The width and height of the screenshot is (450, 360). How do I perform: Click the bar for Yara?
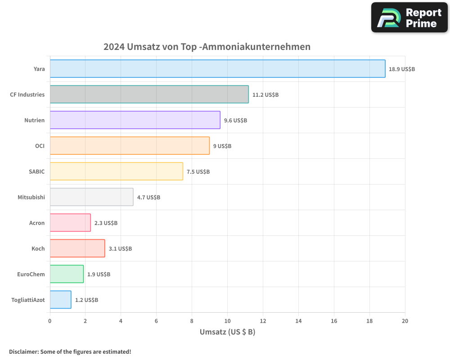[x=217, y=69]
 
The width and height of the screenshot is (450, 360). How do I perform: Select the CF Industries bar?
[x=149, y=94]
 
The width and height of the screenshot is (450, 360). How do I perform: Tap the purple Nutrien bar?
[x=135, y=120]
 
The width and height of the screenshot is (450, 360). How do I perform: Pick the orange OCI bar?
[x=130, y=146]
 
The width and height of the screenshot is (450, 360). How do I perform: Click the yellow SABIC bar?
[x=116, y=171]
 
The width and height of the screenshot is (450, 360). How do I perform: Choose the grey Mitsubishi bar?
[x=91, y=197]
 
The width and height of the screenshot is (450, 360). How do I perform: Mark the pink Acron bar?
[x=70, y=223]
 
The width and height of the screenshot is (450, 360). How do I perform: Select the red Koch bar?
[x=77, y=248]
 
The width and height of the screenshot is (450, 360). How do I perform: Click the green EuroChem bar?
[x=67, y=274]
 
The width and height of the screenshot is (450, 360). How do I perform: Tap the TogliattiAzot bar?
[x=60, y=300]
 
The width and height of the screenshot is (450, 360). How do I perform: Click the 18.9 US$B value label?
[x=402, y=69]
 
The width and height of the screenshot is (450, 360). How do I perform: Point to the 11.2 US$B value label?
[x=265, y=95]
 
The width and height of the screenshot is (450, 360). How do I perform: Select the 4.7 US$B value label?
[x=148, y=198]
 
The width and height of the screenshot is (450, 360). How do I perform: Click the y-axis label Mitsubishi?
[x=31, y=197]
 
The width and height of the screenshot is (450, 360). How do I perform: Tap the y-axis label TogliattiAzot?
[x=28, y=300]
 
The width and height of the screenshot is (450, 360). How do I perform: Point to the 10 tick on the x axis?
[x=227, y=321]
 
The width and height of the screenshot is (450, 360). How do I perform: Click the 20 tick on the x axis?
[x=405, y=321]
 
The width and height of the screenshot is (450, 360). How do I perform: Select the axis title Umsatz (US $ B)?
[x=227, y=332]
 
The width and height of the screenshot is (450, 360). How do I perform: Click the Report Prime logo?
[x=409, y=18]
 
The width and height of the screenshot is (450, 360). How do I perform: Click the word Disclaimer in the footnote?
[x=23, y=351]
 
